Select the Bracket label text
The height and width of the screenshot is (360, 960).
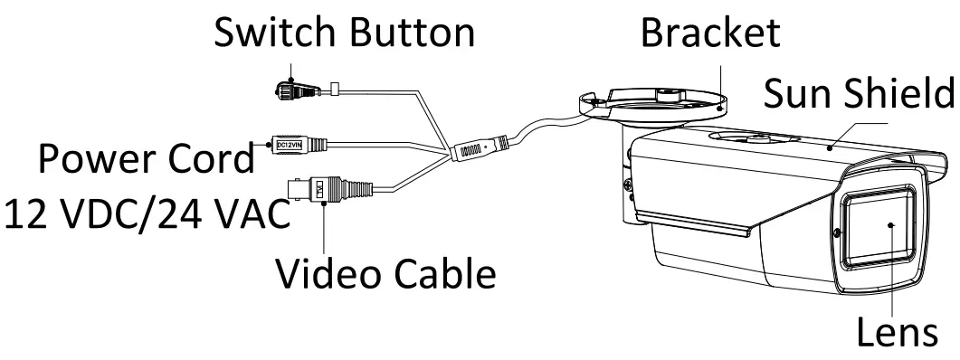710,33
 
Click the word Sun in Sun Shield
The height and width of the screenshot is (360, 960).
797,92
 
